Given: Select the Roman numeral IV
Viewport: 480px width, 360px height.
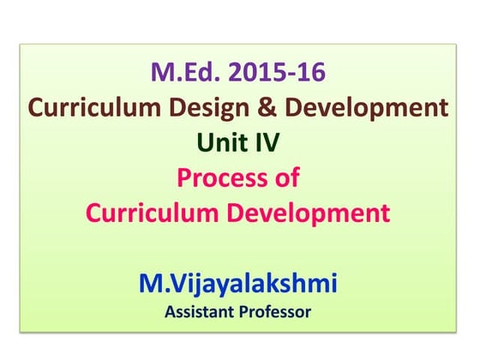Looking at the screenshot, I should (x=267, y=142).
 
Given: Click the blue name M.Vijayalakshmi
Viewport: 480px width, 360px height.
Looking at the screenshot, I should (x=239, y=283).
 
